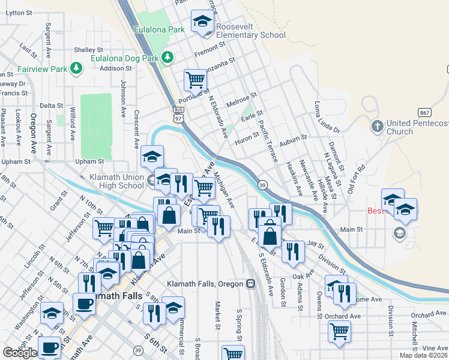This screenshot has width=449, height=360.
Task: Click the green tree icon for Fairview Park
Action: click(x=76, y=68)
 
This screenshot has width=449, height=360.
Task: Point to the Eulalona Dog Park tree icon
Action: click(x=168, y=58)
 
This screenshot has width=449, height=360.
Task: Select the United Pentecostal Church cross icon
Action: click(x=377, y=127)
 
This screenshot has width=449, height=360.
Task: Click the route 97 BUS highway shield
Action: click(x=178, y=114)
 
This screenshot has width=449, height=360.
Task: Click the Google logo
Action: click(x=20, y=352)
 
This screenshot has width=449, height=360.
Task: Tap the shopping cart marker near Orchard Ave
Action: click(x=339, y=331)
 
